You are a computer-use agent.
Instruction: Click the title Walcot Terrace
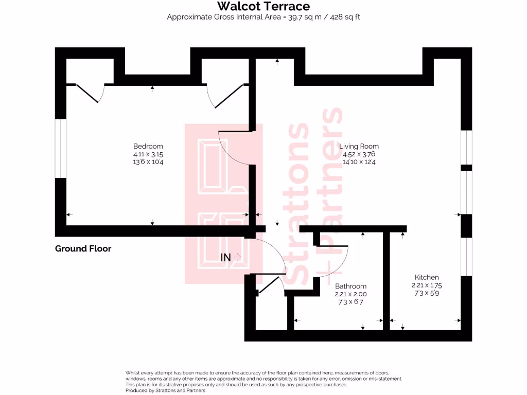263,7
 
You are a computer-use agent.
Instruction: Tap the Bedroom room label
148,146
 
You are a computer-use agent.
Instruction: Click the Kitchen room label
427,277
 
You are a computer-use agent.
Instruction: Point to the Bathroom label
350,286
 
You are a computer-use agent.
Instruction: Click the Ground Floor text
83,249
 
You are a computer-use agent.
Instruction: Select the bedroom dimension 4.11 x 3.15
148,154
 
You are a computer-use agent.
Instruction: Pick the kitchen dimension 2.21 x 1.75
427,285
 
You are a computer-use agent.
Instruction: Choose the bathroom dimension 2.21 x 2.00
350,294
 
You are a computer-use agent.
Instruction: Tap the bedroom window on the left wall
61,148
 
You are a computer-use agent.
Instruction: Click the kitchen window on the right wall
466,256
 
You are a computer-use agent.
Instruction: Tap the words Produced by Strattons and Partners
165,390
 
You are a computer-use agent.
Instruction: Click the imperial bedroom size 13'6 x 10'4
148,161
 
